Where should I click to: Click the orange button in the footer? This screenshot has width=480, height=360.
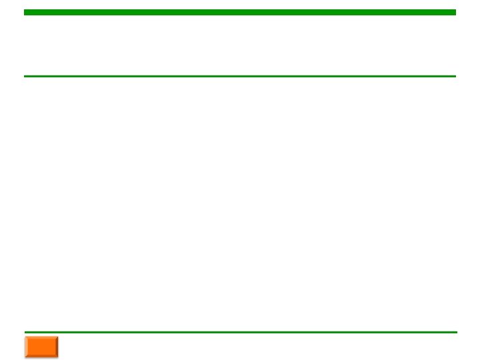pos(41,347)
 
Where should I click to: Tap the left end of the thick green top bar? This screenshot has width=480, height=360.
pos(25,12)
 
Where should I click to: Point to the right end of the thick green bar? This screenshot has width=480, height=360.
pos(455,12)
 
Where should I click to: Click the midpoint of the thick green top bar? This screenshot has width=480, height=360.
pos(240,12)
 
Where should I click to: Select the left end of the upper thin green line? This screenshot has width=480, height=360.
pos(25,76)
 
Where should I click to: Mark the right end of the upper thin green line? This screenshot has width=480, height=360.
pos(455,76)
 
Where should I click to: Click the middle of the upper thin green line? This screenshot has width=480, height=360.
pos(240,76)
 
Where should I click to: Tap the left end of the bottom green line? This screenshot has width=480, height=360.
pos(26,331)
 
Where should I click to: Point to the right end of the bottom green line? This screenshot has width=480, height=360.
pos(456,331)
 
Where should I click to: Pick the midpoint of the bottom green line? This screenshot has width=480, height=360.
pos(241,331)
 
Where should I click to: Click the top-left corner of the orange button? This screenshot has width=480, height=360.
pos(25,336)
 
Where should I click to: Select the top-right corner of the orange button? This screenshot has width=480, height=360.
pos(58,336)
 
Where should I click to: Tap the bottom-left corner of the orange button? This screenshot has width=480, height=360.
pos(25,357)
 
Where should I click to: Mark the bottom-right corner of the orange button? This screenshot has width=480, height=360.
pos(58,357)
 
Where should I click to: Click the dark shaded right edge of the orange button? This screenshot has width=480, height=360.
pos(57,347)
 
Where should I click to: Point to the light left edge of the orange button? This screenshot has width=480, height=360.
pos(26,347)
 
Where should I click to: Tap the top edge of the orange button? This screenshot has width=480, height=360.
pos(41,337)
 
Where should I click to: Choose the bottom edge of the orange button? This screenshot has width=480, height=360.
pos(41,357)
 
